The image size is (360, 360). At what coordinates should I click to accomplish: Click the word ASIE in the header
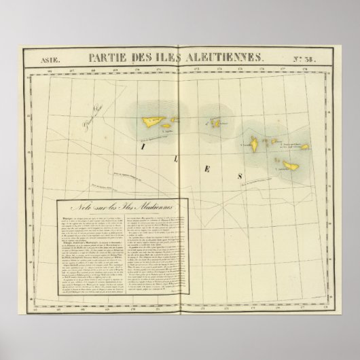tap(40, 59)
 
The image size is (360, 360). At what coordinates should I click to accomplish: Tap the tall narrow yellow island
tap(252, 143)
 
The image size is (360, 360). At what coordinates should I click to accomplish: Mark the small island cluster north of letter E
tap(217, 123)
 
